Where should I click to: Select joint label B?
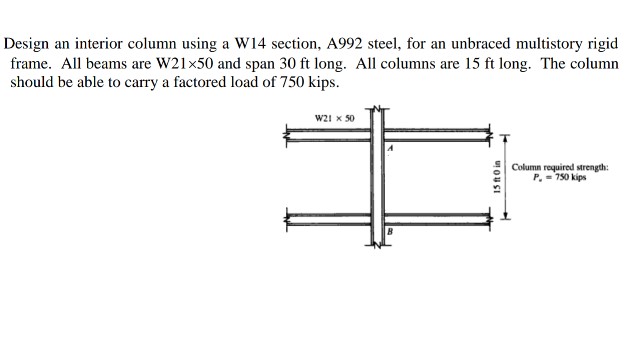(392, 232)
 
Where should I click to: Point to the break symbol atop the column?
(379, 106)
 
